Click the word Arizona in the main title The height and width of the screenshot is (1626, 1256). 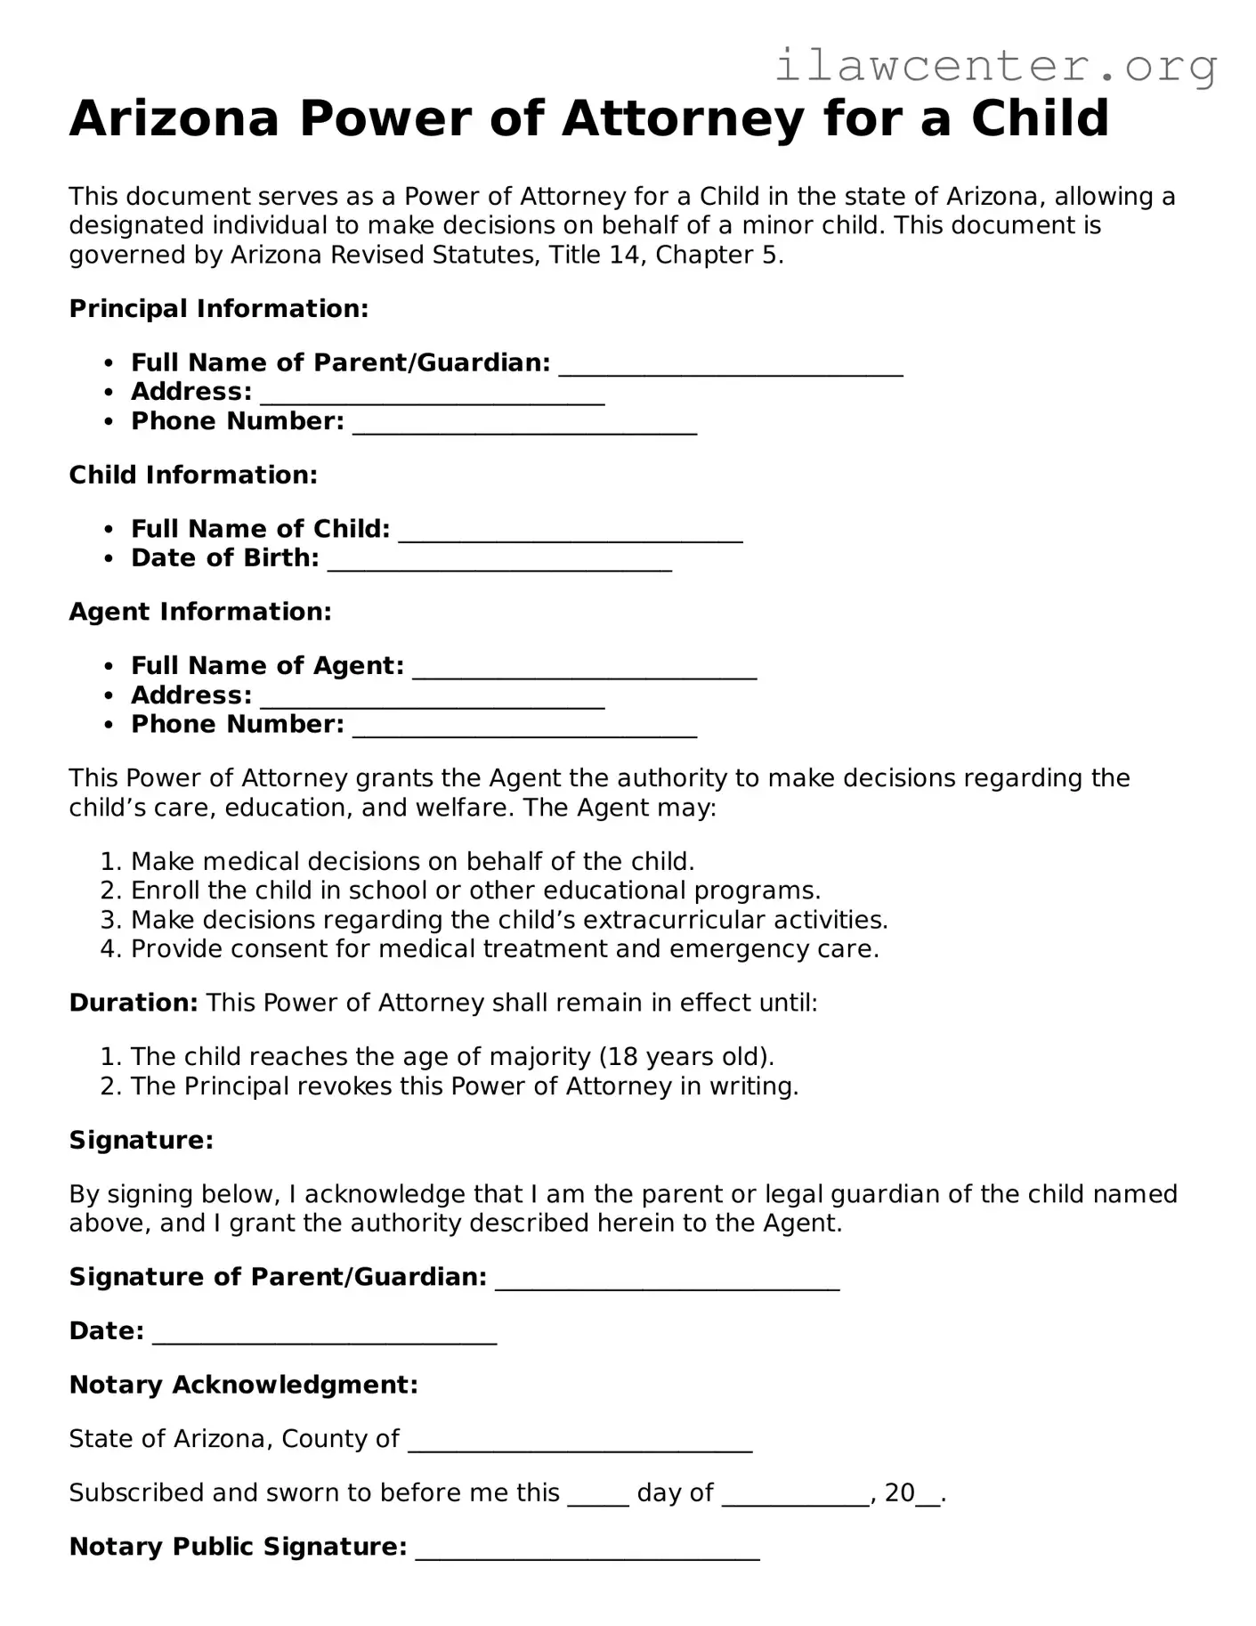174,118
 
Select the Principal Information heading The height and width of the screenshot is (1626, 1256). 218,309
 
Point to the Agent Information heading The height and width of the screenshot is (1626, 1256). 200,612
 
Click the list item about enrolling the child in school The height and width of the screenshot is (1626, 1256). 474,890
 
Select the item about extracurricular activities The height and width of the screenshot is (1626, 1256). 508,920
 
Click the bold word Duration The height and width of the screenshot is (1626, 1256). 134,1004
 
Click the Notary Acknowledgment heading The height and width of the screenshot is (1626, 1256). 243,1385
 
